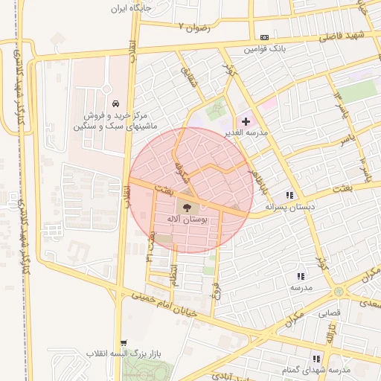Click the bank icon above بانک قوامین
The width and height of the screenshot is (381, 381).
click(265, 37)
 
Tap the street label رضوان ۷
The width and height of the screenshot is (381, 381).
click(195, 27)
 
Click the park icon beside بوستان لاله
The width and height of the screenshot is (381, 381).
click(186, 208)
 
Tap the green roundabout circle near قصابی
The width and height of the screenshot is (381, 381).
click(339, 291)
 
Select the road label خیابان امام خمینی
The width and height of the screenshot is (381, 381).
click(164, 304)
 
